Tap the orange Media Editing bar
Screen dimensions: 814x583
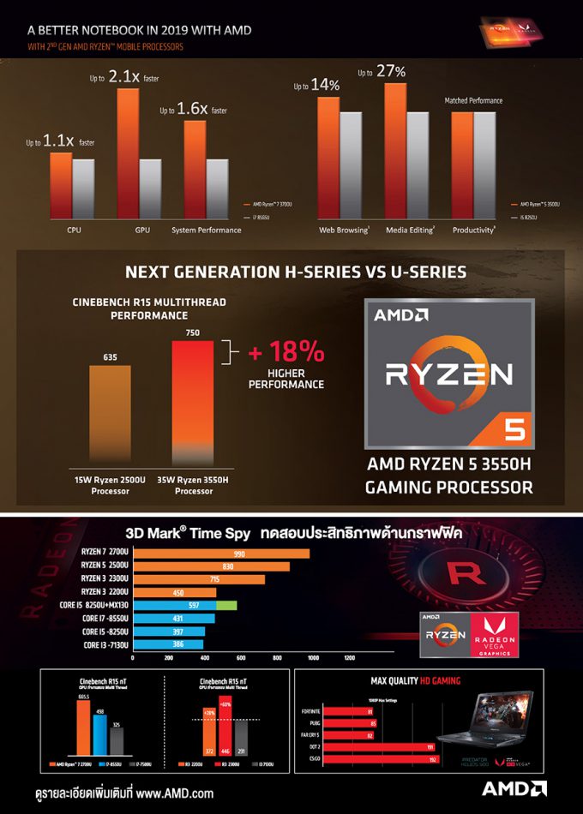point(395,149)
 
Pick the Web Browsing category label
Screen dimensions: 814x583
point(343,230)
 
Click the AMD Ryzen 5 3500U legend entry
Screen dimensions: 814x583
point(538,204)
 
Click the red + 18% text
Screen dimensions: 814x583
point(285,352)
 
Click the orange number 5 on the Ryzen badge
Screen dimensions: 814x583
point(514,428)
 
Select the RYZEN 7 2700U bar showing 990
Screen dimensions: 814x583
point(221,554)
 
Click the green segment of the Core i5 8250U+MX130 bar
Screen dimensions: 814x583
point(226,606)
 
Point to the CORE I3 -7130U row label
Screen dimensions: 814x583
point(105,644)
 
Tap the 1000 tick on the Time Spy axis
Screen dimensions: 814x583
point(312,659)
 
